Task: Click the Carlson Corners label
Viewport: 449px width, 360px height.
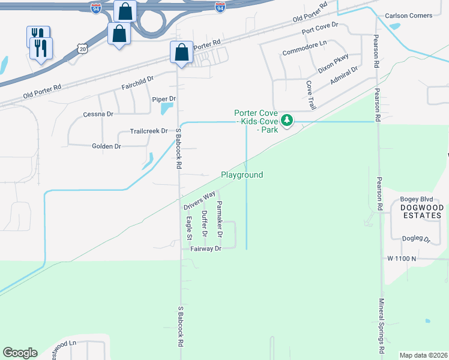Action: click(x=408, y=15)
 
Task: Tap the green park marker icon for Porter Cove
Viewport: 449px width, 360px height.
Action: click(x=287, y=121)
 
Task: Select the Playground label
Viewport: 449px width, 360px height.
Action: click(x=242, y=175)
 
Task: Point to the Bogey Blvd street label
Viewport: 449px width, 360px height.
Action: click(x=416, y=199)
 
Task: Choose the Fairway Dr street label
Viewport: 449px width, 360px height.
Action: click(x=206, y=248)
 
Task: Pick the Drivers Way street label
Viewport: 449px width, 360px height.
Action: click(x=199, y=200)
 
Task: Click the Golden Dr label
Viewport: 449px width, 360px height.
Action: click(x=106, y=146)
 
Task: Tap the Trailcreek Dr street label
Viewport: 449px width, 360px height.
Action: click(x=149, y=131)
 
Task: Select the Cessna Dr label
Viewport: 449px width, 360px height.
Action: click(x=98, y=113)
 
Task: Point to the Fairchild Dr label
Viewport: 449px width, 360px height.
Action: click(x=138, y=79)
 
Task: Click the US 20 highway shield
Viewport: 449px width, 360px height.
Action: click(x=83, y=47)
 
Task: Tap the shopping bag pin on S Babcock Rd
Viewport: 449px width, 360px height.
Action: click(x=181, y=52)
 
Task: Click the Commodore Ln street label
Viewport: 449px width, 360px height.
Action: click(x=304, y=44)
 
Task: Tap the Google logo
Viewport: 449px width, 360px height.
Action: click(x=20, y=353)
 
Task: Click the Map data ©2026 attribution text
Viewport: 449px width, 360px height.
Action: click(x=423, y=355)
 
